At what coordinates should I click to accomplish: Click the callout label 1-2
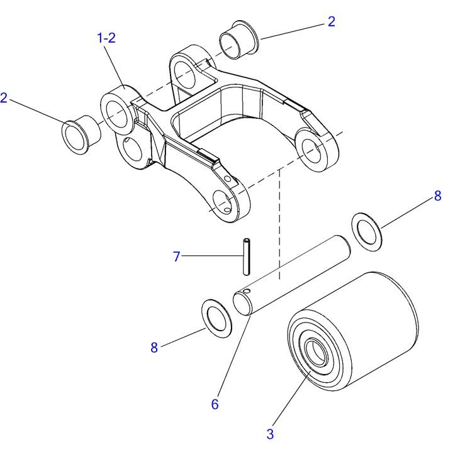106,38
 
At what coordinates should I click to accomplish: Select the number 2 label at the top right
332,21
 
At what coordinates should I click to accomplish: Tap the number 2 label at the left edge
4,98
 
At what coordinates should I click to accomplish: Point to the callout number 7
177,257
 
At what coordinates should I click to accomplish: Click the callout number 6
215,404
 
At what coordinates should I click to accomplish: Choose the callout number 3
270,434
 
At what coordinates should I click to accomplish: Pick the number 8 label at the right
437,196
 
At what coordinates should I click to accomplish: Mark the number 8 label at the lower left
154,348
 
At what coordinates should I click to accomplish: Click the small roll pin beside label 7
246,257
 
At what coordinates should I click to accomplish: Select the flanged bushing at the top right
239,40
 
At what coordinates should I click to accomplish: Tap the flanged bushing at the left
81,135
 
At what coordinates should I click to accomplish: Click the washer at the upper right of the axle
366,232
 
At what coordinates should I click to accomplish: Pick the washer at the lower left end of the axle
216,318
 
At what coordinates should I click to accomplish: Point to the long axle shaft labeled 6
292,275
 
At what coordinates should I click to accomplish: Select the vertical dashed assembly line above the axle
279,225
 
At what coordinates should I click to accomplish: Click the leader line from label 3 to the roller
291,398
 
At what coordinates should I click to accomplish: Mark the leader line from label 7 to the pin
212,256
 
